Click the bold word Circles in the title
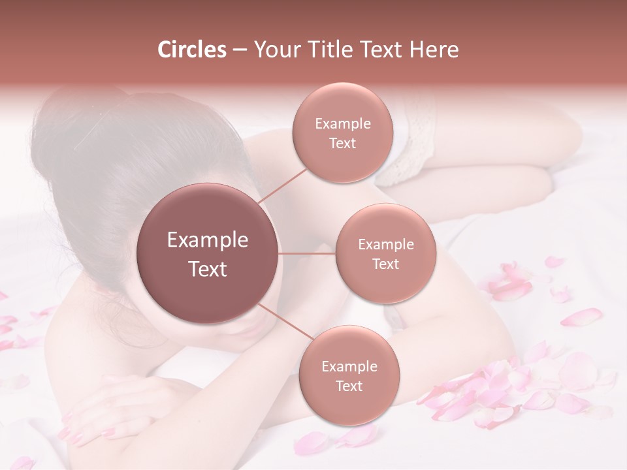coord(191,50)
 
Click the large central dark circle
coord(207,253)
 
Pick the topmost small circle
coord(342,133)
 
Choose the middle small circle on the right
coord(385,253)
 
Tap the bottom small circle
coord(349,375)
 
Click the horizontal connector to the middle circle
coord(307,253)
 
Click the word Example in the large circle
coord(207,240)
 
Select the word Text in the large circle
coord(207,269)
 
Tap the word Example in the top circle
coord(342,124)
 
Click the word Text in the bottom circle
coord(349,386)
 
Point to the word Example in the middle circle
coord(385,245)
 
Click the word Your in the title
coord(274,50)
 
